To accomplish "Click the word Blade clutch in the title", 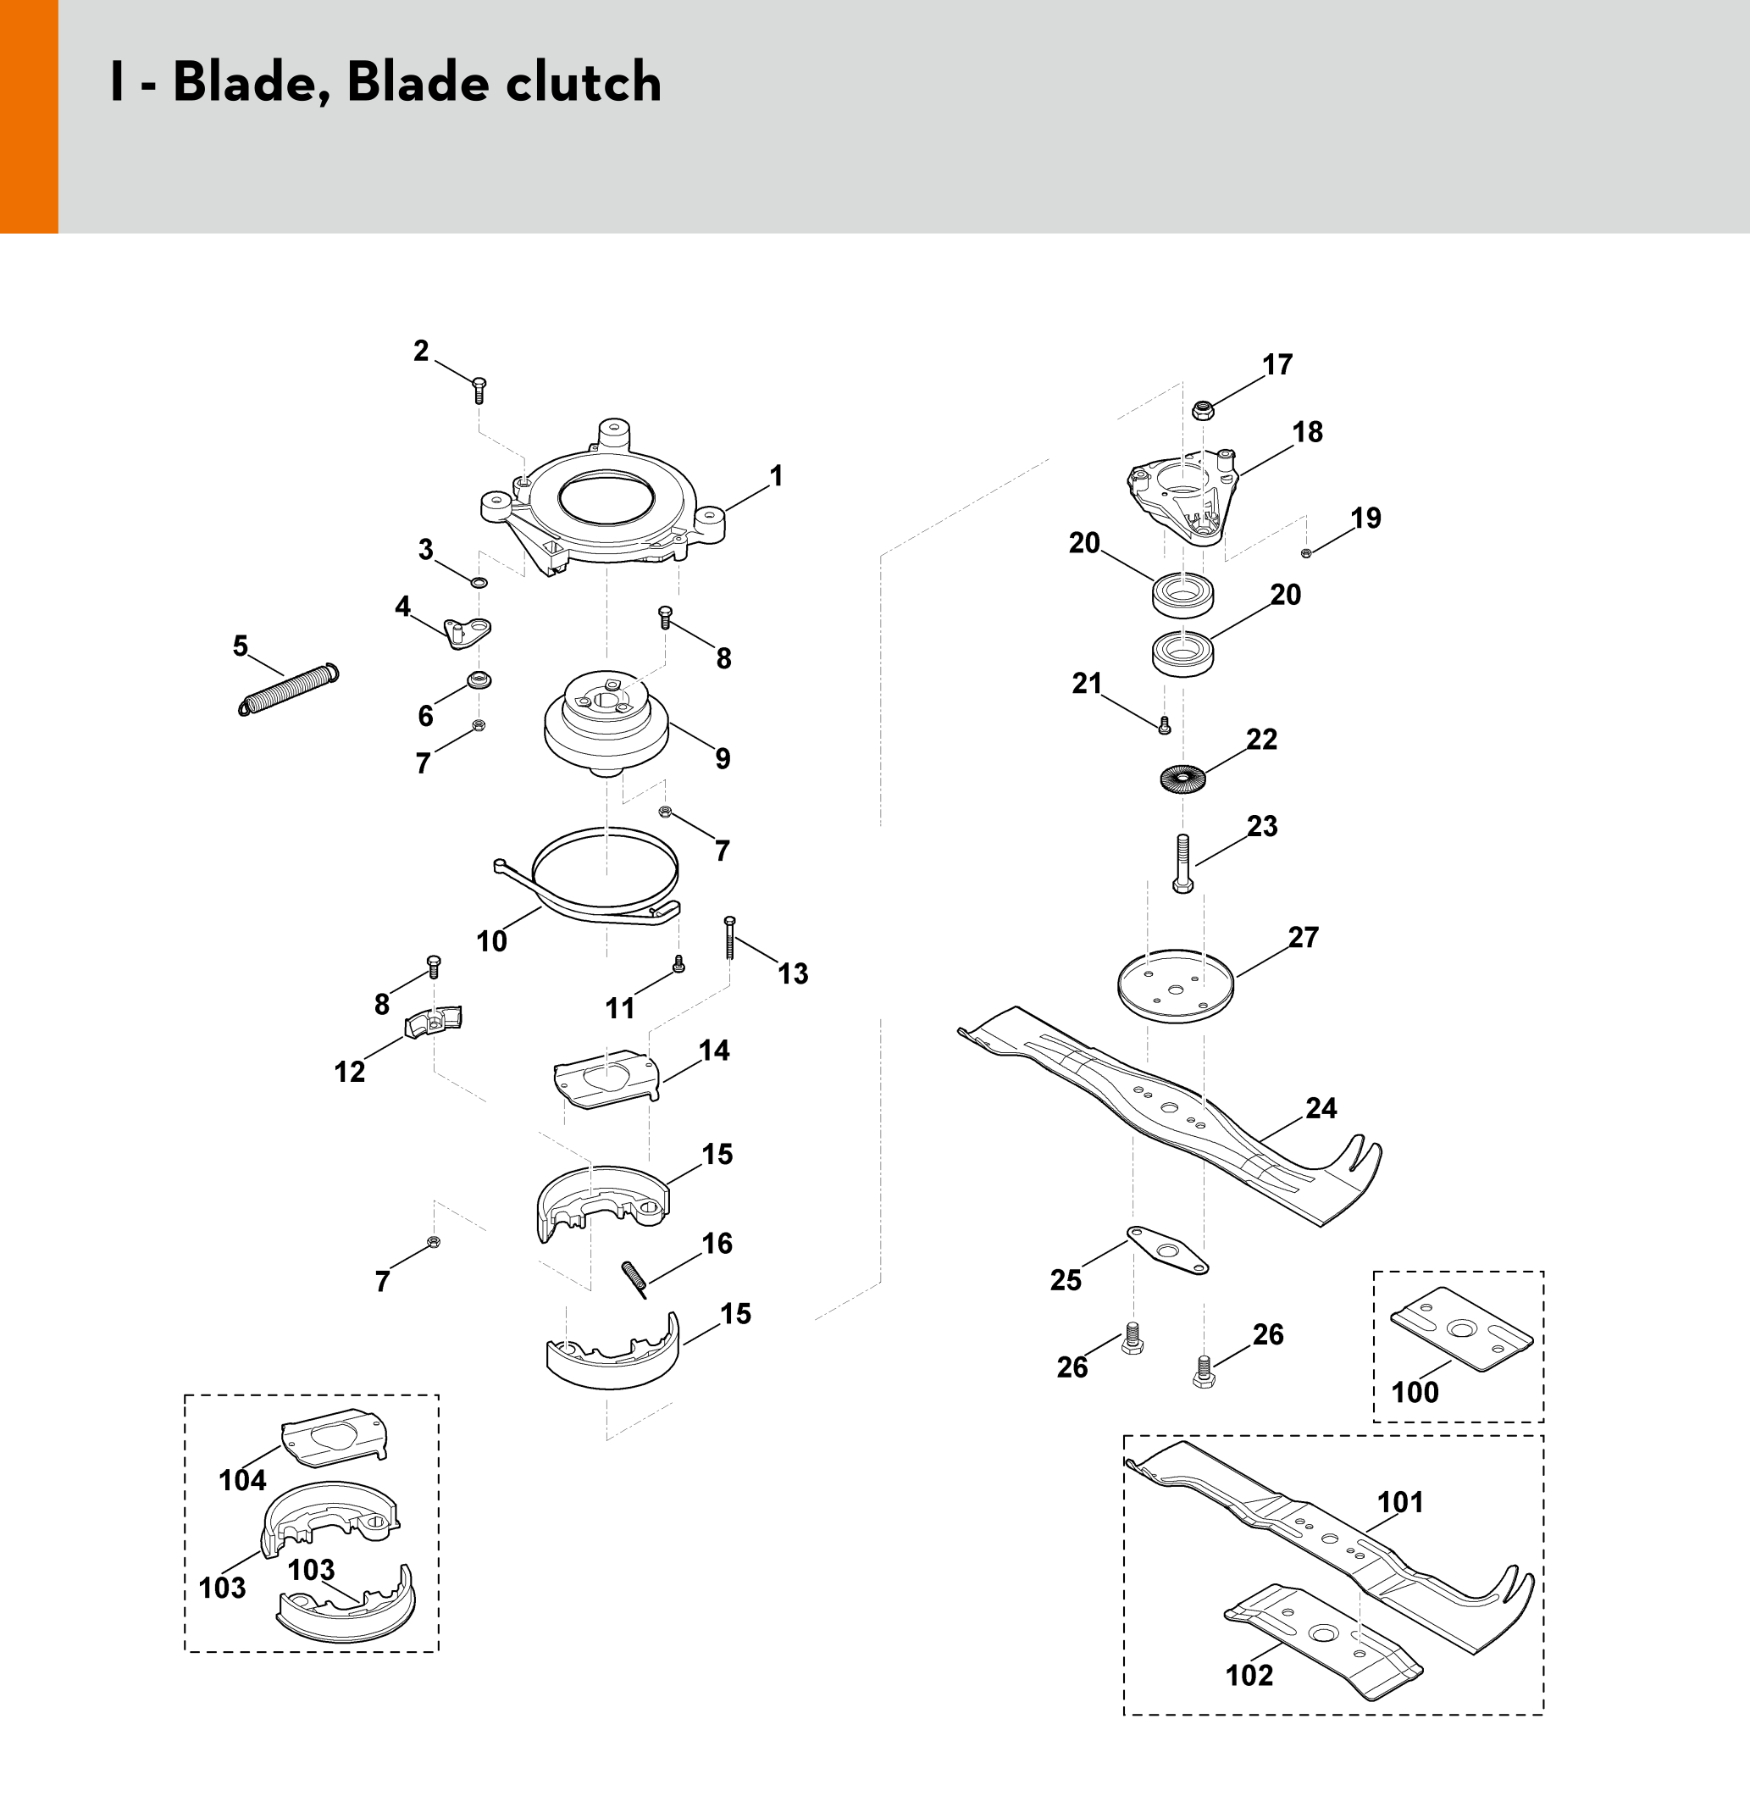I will tap(504, 82).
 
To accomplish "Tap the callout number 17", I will tap(1277, 365).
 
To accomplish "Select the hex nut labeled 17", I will tap(1203, 409).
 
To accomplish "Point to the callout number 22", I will tap(1261, 739).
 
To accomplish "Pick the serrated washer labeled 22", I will tap(1182, 779).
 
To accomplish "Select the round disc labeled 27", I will tap(1176, 986).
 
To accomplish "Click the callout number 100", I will tap(1415, 1392).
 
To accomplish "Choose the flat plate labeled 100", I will tap(1461, 1329).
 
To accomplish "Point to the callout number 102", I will tap(1249, 1675).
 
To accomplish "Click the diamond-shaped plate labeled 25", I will tap(1167, 1250).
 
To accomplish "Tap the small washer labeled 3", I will tap(479, 583).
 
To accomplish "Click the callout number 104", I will tap(242, 1480).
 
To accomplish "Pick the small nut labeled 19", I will tap(1306, 553).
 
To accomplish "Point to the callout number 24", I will tap(1321, 1108).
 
